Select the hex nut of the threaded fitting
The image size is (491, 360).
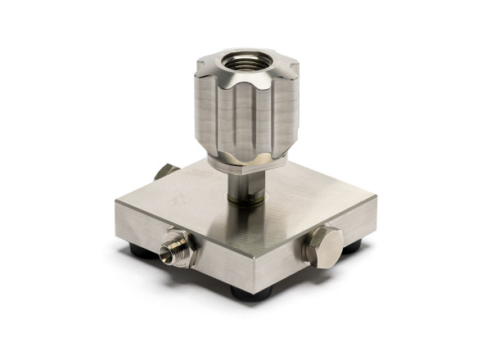[185, 248]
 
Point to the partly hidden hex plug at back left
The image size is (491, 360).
[164, 172]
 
